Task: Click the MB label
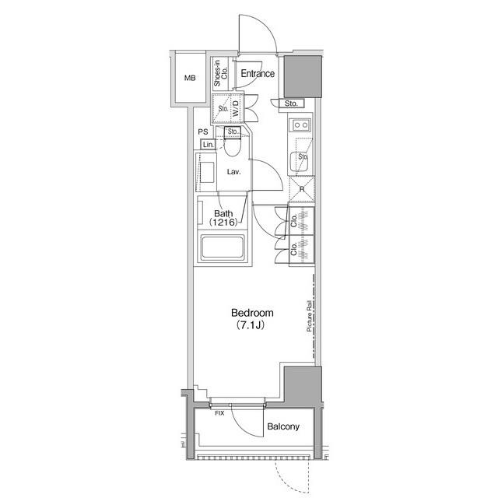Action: coord(190,78)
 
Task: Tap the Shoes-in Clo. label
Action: coord(221,73)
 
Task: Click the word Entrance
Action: coord(258,74)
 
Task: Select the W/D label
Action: coord(236,108)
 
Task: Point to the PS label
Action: coord(203,132)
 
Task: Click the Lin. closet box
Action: coord(208,145)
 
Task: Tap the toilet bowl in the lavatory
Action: coord(232,148)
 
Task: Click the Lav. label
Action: coord(233,172)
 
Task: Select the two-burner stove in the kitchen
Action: coord(301,124)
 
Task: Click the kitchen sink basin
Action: coord(299,162)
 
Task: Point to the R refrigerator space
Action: coord(302,189)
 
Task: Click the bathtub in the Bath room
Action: coord(223,247)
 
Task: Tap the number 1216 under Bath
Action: coord(223,222)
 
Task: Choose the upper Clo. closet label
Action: coord(294,220)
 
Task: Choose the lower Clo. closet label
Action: coord(294,249)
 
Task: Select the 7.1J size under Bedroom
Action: coord(251,325)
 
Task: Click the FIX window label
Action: coord(219,413)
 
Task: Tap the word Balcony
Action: coord(283,426)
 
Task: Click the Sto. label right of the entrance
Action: coord(291,103)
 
